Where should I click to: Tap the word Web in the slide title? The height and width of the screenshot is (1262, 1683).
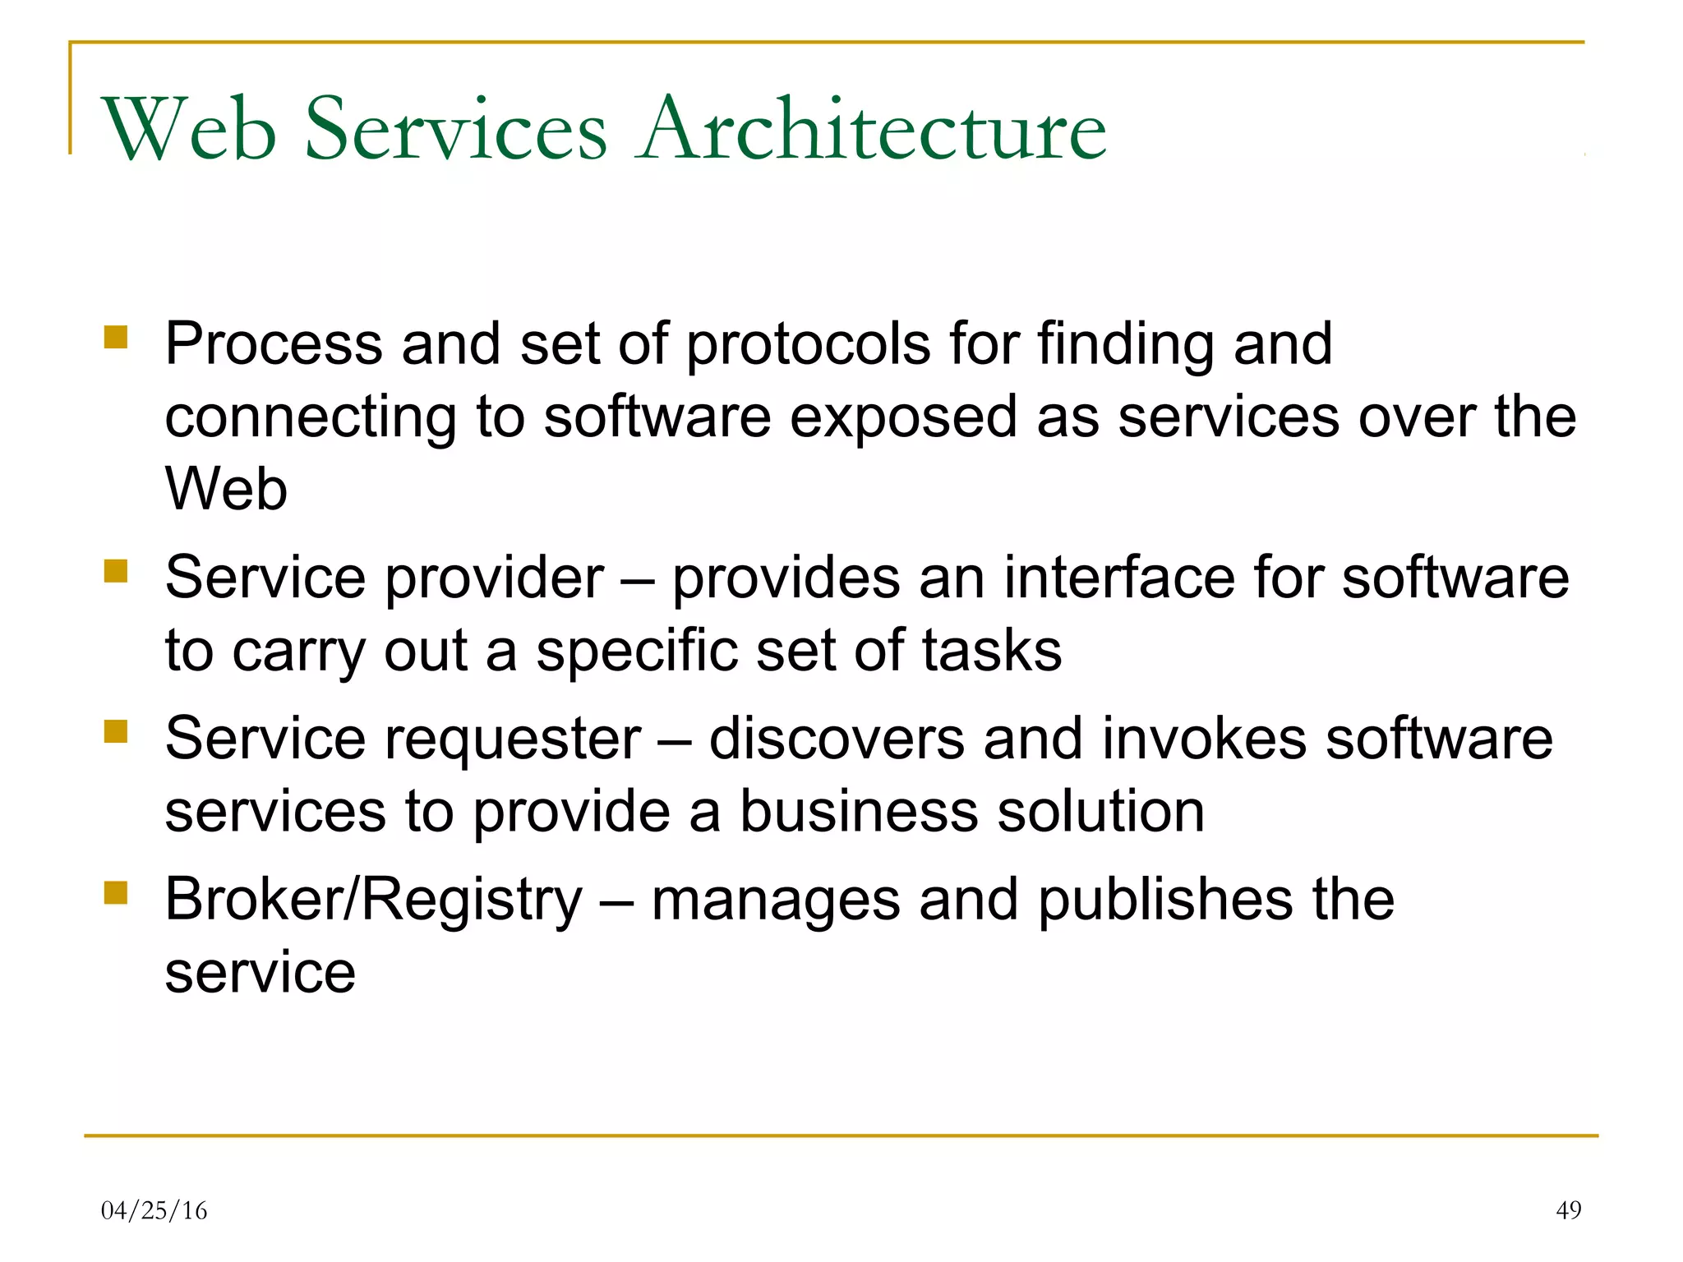(x=189, y=130)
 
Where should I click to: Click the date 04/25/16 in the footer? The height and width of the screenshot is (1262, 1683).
(x=154, y=1210)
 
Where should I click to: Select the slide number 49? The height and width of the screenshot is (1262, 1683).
(x=1568, y=1210)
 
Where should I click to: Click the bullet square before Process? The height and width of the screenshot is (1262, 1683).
(x=116, y=338)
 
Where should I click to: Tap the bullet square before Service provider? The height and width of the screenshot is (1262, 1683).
(x=116, y=571)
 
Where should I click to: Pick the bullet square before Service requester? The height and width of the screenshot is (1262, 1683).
(x=116, y=731)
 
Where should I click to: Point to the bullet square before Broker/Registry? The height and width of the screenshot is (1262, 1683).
(x=116, y=892)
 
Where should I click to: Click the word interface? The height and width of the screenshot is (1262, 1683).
(x=1118, y=578)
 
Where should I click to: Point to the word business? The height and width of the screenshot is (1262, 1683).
(x=859, y=812)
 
